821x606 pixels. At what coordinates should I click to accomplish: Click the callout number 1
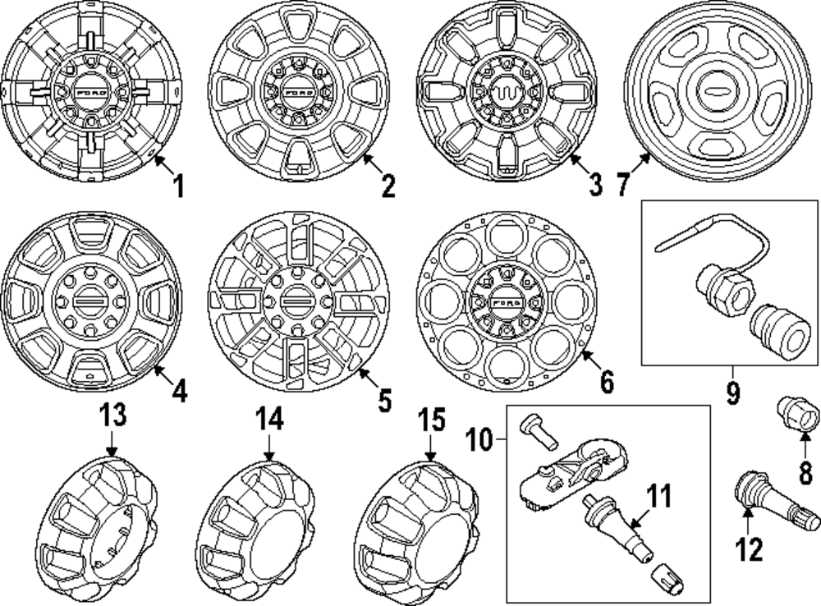pos(177,186)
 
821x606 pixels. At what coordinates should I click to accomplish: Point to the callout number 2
pos(387,186)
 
